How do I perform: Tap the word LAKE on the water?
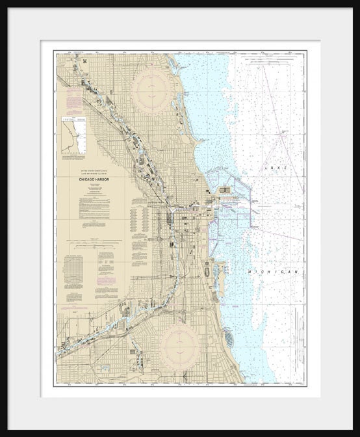pyautogui.click(x=274, y=167)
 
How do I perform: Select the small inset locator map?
pyautogui.click(x=73, y=135)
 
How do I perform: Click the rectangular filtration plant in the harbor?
pyautogui.click(x=225, y=191)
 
